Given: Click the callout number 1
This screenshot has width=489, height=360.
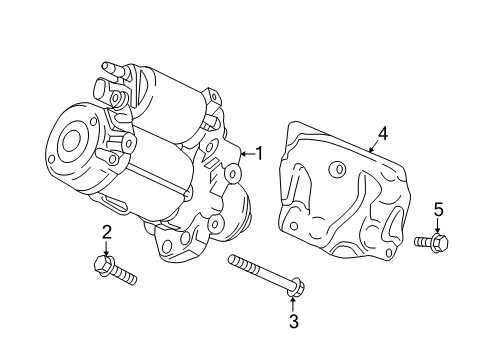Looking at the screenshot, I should click(x=259, y=153).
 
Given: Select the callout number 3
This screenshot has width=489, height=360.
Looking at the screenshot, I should click(x=293, y=321).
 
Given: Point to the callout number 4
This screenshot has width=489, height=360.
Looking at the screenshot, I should click(x=381, y=133).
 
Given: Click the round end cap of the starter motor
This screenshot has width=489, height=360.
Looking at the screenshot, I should click(x=71, y=141).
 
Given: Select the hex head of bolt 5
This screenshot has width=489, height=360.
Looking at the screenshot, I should click(x=443, y=241).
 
